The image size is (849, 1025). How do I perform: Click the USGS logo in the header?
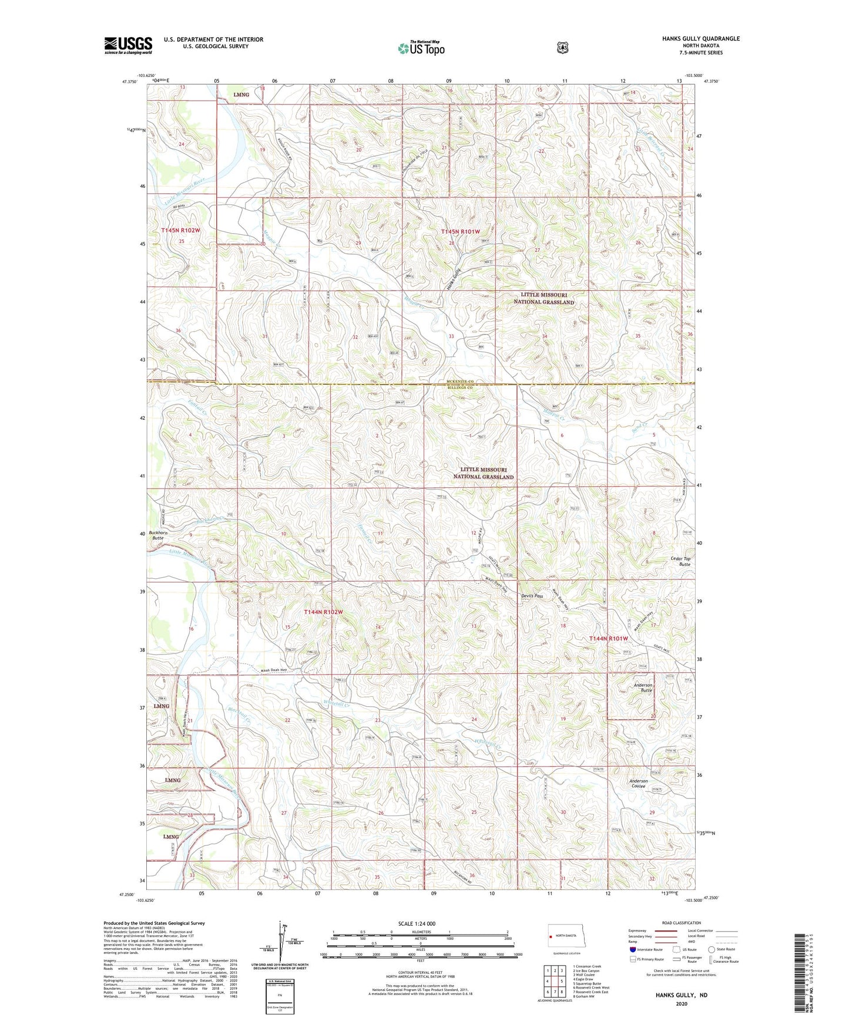(x=128, y=45)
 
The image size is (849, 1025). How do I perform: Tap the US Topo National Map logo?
(x=420, y=48)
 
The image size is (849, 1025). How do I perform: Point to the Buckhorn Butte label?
(x=157, y=535)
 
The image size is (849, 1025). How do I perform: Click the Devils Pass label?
(x=532, y=596)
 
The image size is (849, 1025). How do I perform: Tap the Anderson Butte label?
(x=642, y=687)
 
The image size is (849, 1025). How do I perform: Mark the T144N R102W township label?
(x=323, y=612)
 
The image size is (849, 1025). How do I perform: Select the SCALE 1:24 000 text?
(x=417, y=923)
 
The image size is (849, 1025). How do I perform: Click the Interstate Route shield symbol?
(x=632, y=949)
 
